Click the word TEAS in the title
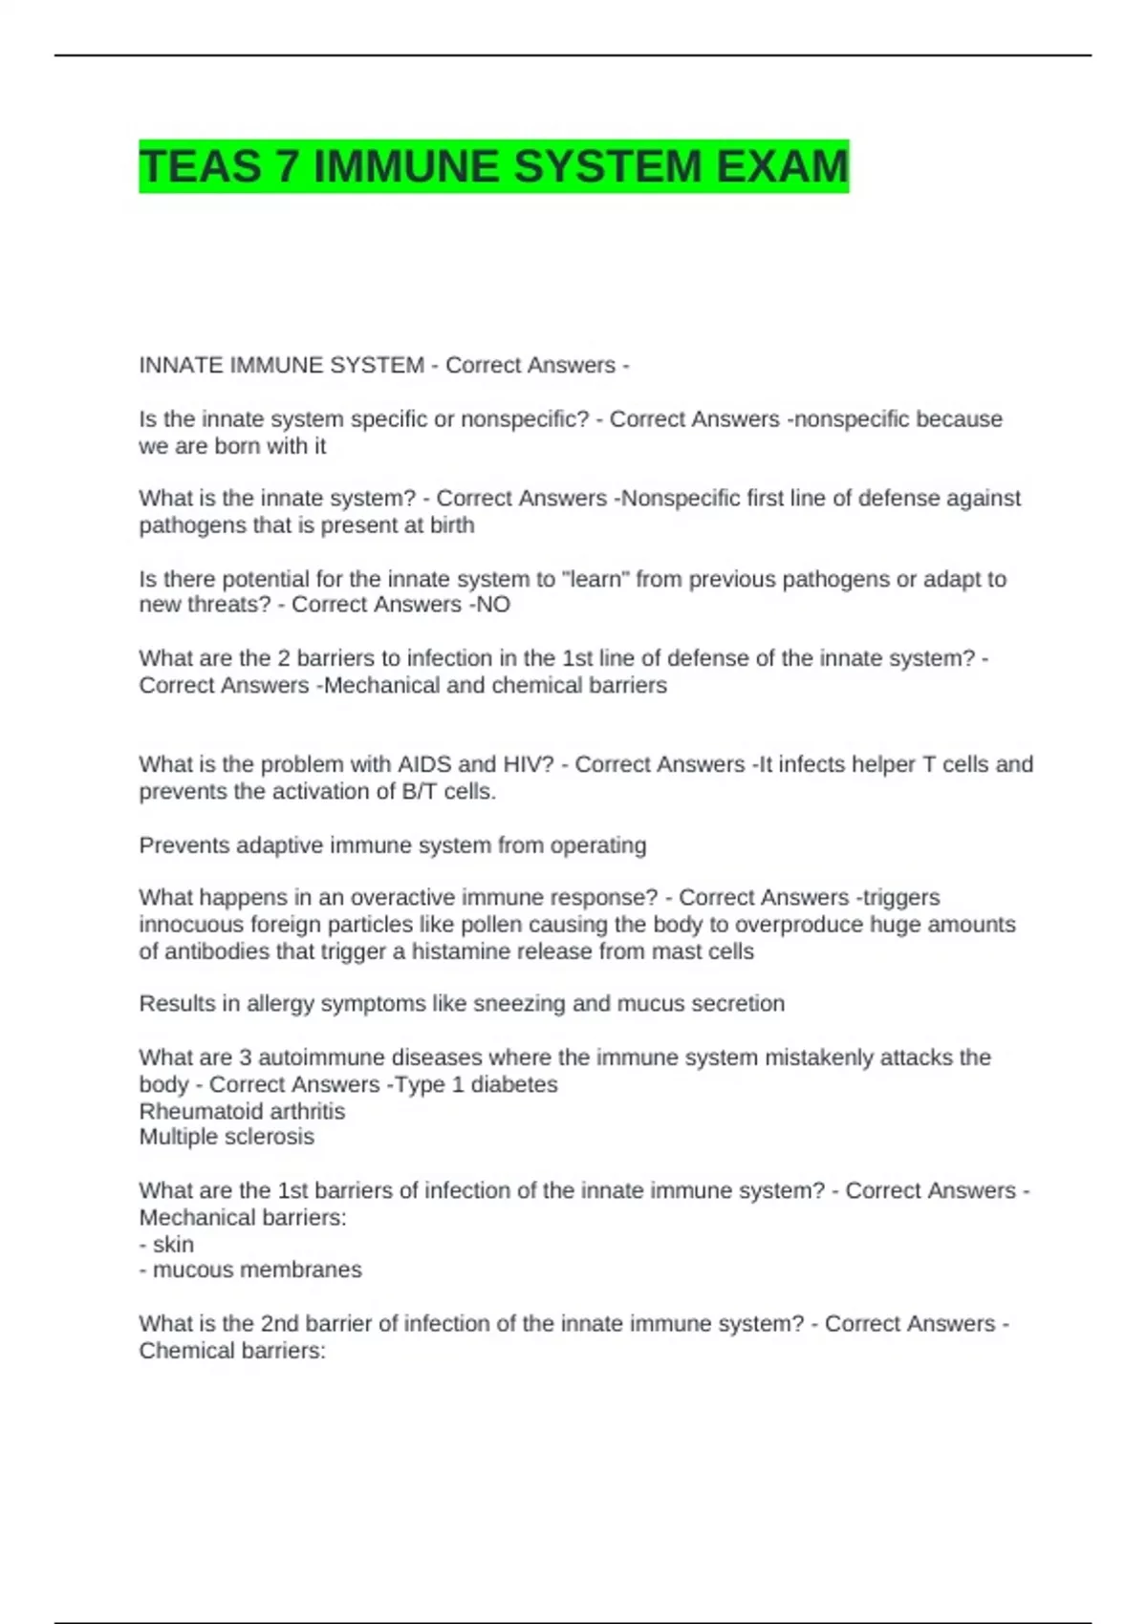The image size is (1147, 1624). pos(200,166)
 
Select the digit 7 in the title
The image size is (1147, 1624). pos(286,166)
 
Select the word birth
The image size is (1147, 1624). pos(451,525)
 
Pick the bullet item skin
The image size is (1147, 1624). pos(173,1245)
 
